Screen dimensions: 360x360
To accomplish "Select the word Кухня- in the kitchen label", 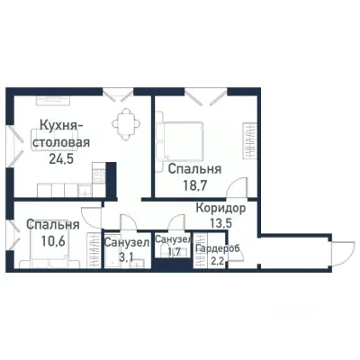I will tap(61, 126).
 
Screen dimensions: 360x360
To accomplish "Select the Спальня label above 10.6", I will tap(51, 224).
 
